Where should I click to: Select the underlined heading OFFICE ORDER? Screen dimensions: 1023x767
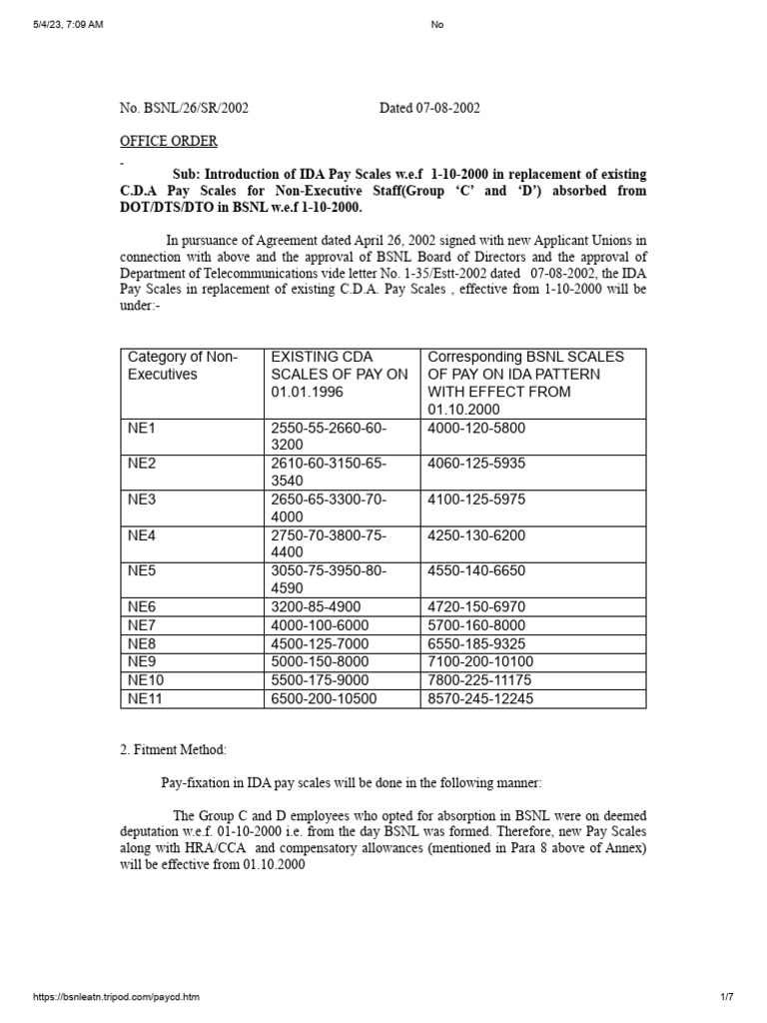168,142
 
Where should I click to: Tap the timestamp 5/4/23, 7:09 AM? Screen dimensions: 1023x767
67,25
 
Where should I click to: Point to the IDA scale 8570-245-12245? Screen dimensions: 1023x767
480,698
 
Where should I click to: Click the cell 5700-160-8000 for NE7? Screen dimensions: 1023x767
476,625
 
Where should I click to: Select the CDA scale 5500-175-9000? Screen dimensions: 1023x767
320,680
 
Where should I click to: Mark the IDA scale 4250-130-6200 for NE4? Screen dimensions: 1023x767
476,535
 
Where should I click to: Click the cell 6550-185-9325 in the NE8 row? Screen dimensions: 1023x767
476,643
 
